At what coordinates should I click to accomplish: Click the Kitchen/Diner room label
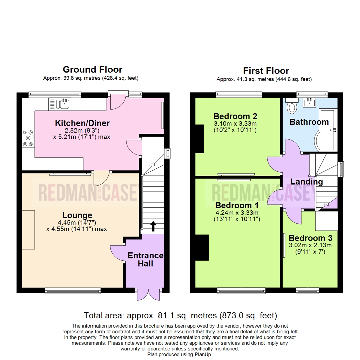(x=82, y=123)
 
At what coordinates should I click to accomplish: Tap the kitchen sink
(x=63, y=104)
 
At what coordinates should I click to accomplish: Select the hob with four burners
(x=28, y=138)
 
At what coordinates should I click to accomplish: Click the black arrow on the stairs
(x=153, y=226)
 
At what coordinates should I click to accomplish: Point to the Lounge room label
(x=77, y=215)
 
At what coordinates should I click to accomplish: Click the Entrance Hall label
(x=146, y=259)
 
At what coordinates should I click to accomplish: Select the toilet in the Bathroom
(x=293, y=106)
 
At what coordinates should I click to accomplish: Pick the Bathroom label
(x=309, y=122)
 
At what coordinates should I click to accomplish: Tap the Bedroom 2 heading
(x=235, y=116)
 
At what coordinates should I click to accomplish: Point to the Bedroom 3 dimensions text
(x=310, y=249)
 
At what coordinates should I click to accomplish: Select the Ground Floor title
(x=93, y=70)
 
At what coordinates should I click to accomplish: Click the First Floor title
(x=266, y=71)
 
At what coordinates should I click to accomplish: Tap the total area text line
(x=180, y=315)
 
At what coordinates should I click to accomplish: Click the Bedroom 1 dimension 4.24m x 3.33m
(x=237, y=212)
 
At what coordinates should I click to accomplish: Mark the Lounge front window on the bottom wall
(x=68, y=291)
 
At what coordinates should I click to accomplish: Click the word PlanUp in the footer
(x=203, y=355)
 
